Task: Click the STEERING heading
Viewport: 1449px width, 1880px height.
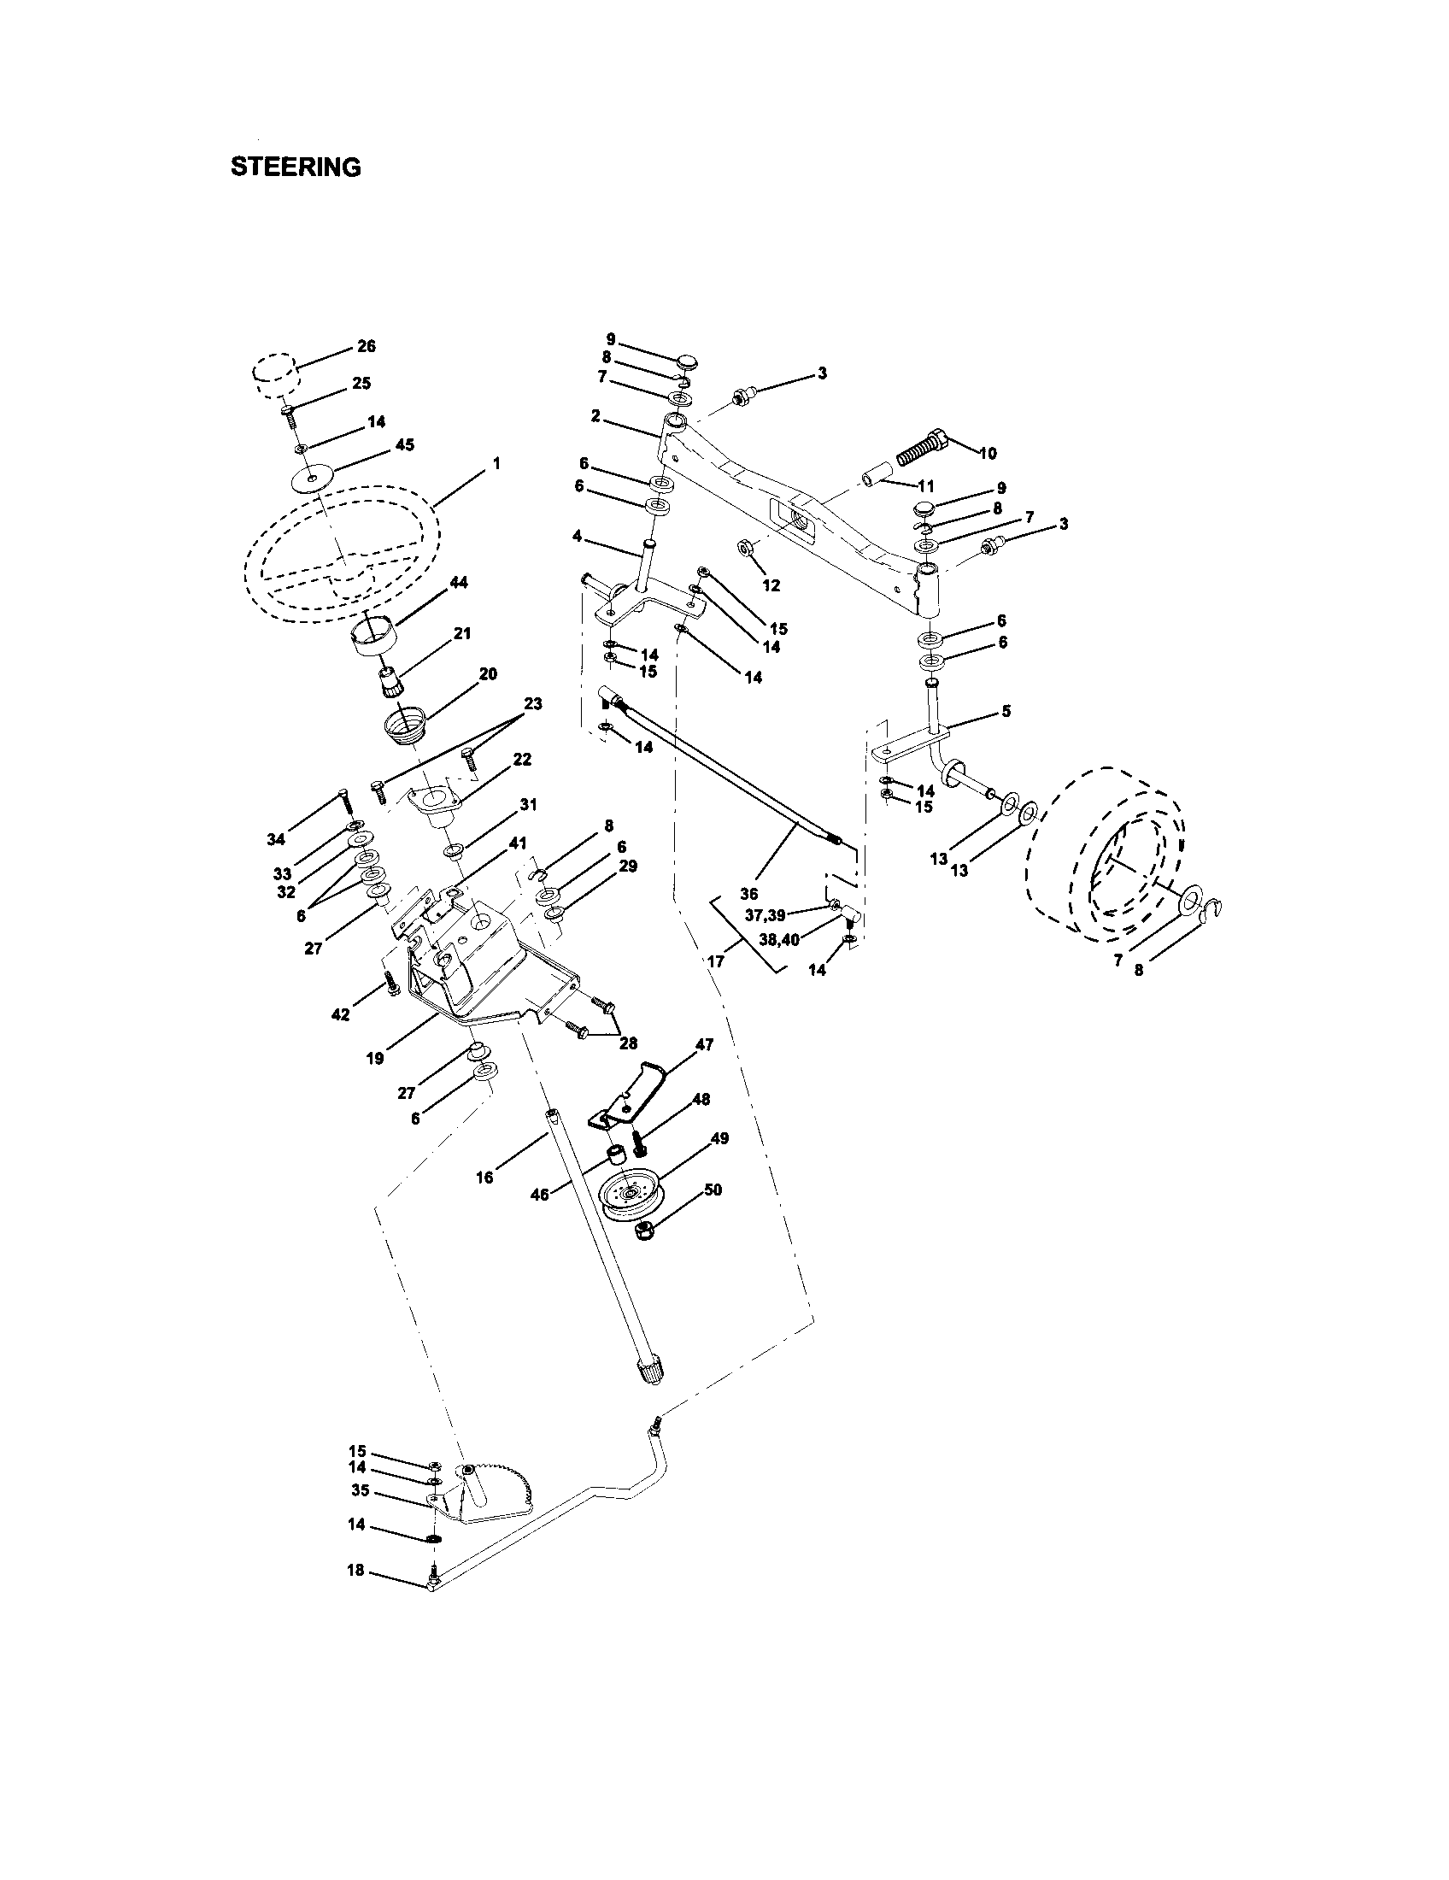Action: click(x=295, y=167)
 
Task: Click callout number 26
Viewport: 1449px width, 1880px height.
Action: click(x=366, y=346)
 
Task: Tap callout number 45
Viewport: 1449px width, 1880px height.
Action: click(x=404, y=445)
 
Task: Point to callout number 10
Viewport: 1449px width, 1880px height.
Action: click(x=988, y=454)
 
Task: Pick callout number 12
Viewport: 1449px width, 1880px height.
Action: click(x=771, y=585)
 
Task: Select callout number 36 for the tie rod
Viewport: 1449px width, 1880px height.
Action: click(x=748, y=895)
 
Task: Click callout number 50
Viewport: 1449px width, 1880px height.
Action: click(x=713, y=1190)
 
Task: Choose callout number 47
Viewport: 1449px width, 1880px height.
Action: click(x=704, y=1045)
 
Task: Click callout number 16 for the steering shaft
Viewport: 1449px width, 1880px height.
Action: click(x=484, y=1178)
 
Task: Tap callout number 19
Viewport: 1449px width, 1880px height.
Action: click(x=375, y=1059)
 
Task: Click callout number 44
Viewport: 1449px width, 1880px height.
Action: click(x=459, y=583)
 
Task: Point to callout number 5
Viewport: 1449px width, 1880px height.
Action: click(x=1006, y=711)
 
